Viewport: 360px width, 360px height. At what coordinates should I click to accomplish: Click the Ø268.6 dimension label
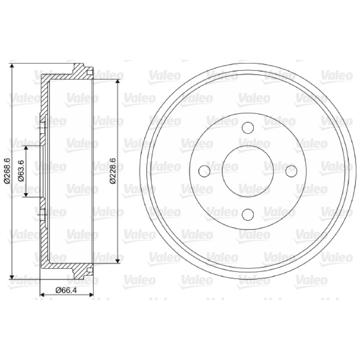coord(7,171)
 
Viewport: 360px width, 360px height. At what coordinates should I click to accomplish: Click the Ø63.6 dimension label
coord(21,171)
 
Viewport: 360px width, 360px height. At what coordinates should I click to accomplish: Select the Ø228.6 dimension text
coord(113,171)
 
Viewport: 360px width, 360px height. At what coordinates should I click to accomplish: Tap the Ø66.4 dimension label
coord(66,290)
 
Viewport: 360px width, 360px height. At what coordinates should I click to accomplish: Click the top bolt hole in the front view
coord(248,128)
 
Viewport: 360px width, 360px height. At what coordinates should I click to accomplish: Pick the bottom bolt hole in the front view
coord(248,215)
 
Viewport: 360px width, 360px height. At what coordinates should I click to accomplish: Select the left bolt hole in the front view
coord(204,171)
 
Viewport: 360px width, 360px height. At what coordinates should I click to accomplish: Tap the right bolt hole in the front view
coord(291,171)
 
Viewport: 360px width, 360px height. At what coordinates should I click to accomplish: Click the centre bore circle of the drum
coord(248,145)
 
